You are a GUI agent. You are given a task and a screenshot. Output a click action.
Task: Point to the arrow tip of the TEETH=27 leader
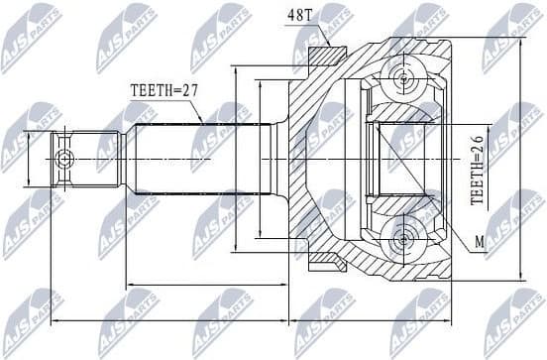(203, 123)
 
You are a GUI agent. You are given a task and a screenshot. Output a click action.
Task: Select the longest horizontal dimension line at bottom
(248, 322)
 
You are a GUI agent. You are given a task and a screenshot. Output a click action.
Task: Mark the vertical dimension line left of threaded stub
(30, 160)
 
